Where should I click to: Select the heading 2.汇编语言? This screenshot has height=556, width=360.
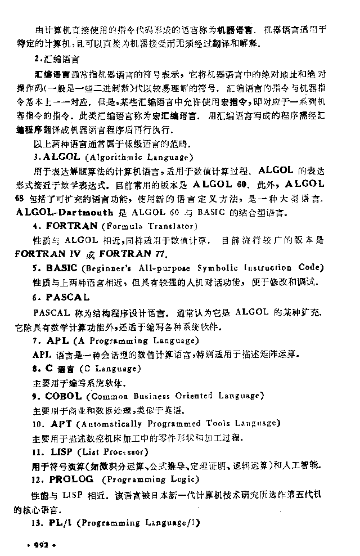56,58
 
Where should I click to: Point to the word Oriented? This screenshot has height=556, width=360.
195,396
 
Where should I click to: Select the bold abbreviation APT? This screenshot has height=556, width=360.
61,423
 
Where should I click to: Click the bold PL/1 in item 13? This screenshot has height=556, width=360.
60,523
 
